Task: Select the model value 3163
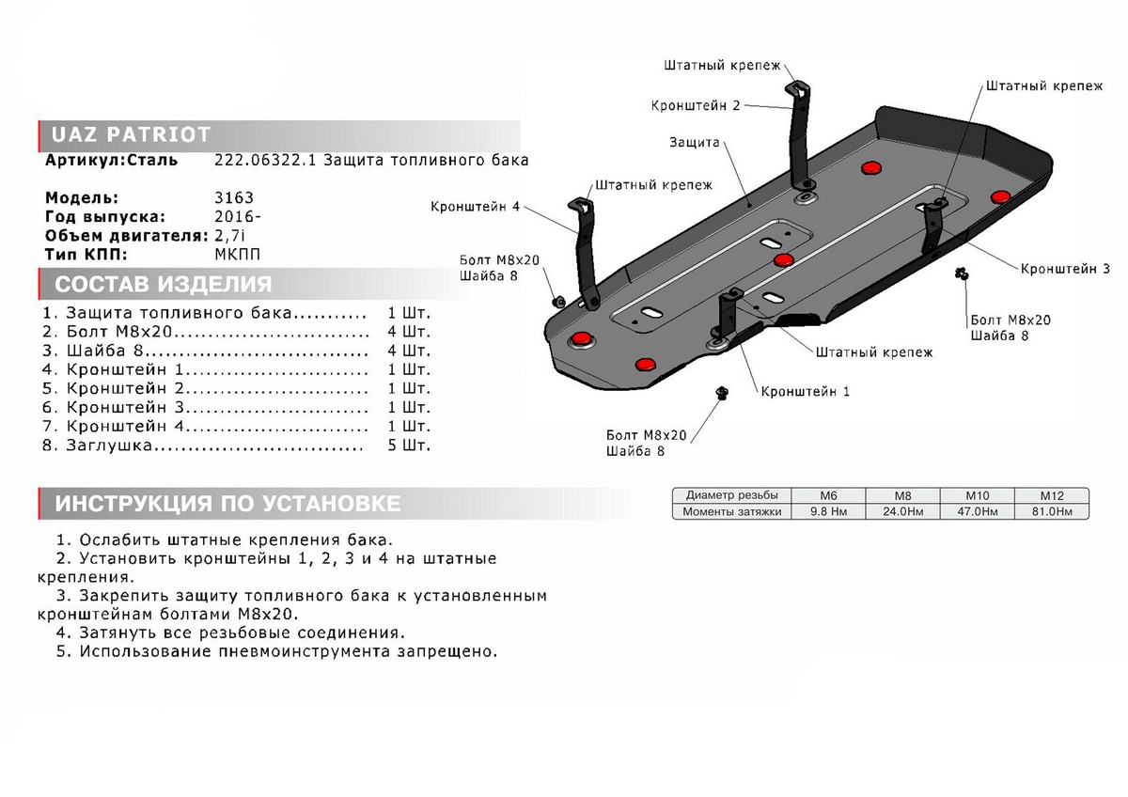[234, 198]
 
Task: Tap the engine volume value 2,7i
[232, 236]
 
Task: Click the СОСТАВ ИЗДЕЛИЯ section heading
[164, 285]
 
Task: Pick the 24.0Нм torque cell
[901, 512]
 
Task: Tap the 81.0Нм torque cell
[1051, 512]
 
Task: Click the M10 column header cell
[977, 495]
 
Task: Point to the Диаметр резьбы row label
[731, 495]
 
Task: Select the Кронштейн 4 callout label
[475, 207]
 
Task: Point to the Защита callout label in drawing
[695, 143]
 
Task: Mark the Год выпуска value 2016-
[235, 217]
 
